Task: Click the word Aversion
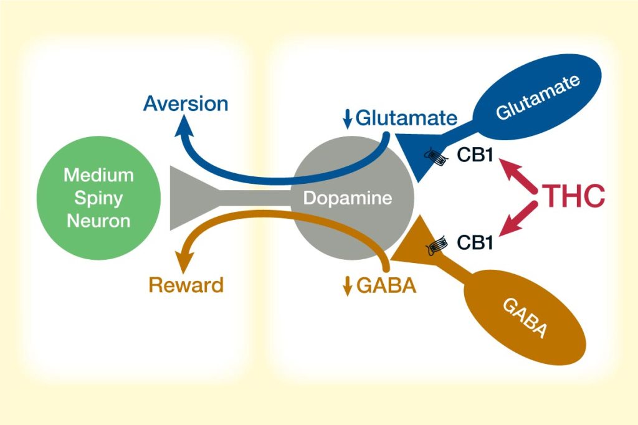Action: coord(186,103)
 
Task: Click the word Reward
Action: coord(186,285)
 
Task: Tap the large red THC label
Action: coord(575,196)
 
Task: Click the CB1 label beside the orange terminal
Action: coord(475,242)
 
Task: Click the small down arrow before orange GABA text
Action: coord(348,286)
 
